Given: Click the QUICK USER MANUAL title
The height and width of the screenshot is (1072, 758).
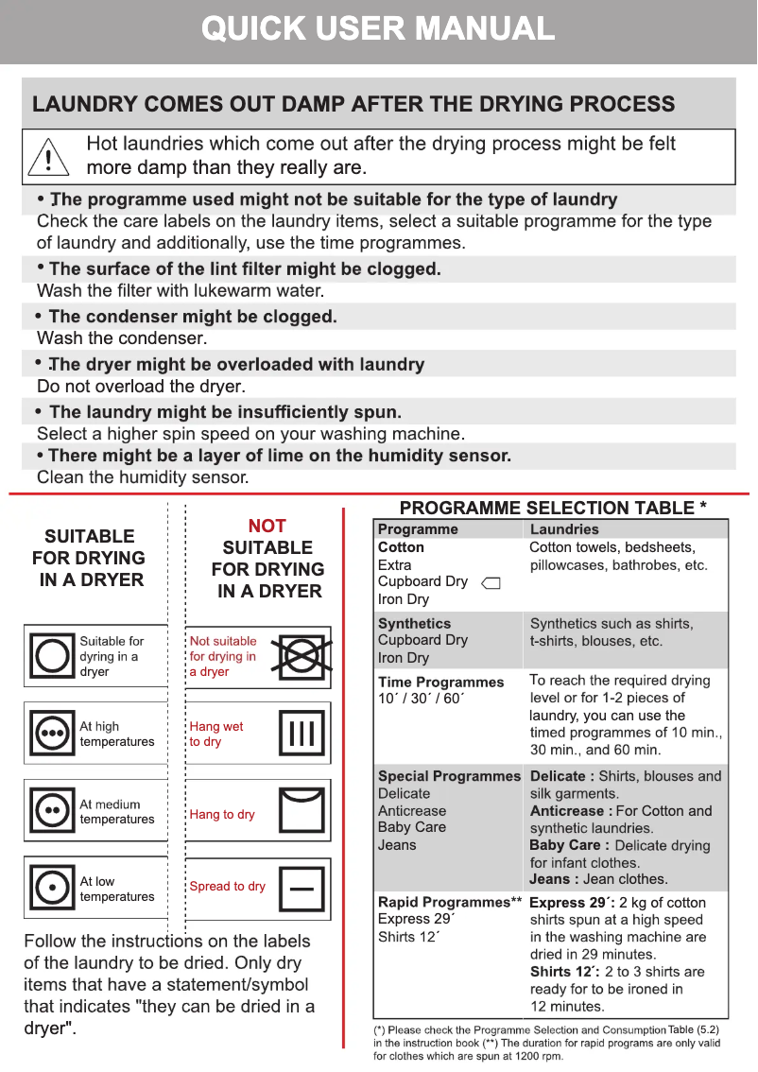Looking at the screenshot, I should point(378,29).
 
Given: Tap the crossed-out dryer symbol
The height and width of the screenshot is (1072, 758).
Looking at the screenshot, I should point(301,656).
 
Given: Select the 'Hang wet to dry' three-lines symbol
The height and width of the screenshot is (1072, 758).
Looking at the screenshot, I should point(301,734).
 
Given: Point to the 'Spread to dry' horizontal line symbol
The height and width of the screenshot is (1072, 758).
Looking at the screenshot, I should point(301,888).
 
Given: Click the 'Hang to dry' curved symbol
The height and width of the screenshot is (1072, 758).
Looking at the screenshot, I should point(301,811).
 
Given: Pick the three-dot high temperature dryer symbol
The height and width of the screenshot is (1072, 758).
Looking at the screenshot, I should point(51,734).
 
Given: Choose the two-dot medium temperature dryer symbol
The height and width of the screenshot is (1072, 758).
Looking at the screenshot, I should point(51,811).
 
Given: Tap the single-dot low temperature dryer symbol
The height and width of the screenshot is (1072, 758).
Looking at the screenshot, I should point(51,889).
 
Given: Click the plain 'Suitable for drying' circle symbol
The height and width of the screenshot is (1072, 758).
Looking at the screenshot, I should point(51,656).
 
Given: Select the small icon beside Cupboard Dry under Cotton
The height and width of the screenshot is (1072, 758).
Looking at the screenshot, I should point(491,583).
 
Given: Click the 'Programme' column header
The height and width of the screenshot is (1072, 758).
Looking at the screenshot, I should point(418,529).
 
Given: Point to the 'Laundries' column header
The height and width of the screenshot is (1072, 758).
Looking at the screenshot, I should point(564,529).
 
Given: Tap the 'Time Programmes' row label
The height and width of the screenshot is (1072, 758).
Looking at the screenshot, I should point(440,682).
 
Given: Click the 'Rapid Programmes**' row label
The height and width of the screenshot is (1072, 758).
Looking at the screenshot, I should point(449,902).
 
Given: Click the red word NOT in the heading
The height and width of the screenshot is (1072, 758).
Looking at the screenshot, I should point(267,526).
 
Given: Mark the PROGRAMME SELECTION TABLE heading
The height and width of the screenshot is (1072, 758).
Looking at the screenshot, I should point(553,508).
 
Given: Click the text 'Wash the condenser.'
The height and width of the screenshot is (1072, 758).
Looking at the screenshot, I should point(122,338).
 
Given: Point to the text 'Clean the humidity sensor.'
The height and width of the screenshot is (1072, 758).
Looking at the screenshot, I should point(143,478).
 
